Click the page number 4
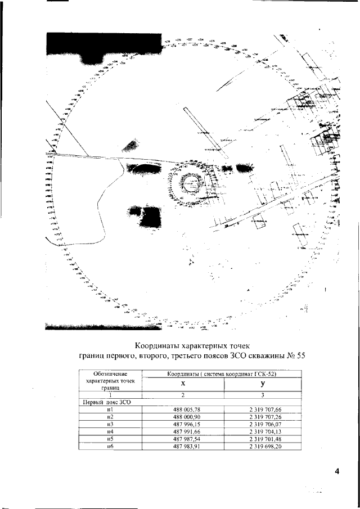[336, 471]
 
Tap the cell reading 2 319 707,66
[262, 410]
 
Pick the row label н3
[110, 424]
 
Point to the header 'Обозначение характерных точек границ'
[110, 380]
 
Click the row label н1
[110, 410]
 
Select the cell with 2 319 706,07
[262, 424]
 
